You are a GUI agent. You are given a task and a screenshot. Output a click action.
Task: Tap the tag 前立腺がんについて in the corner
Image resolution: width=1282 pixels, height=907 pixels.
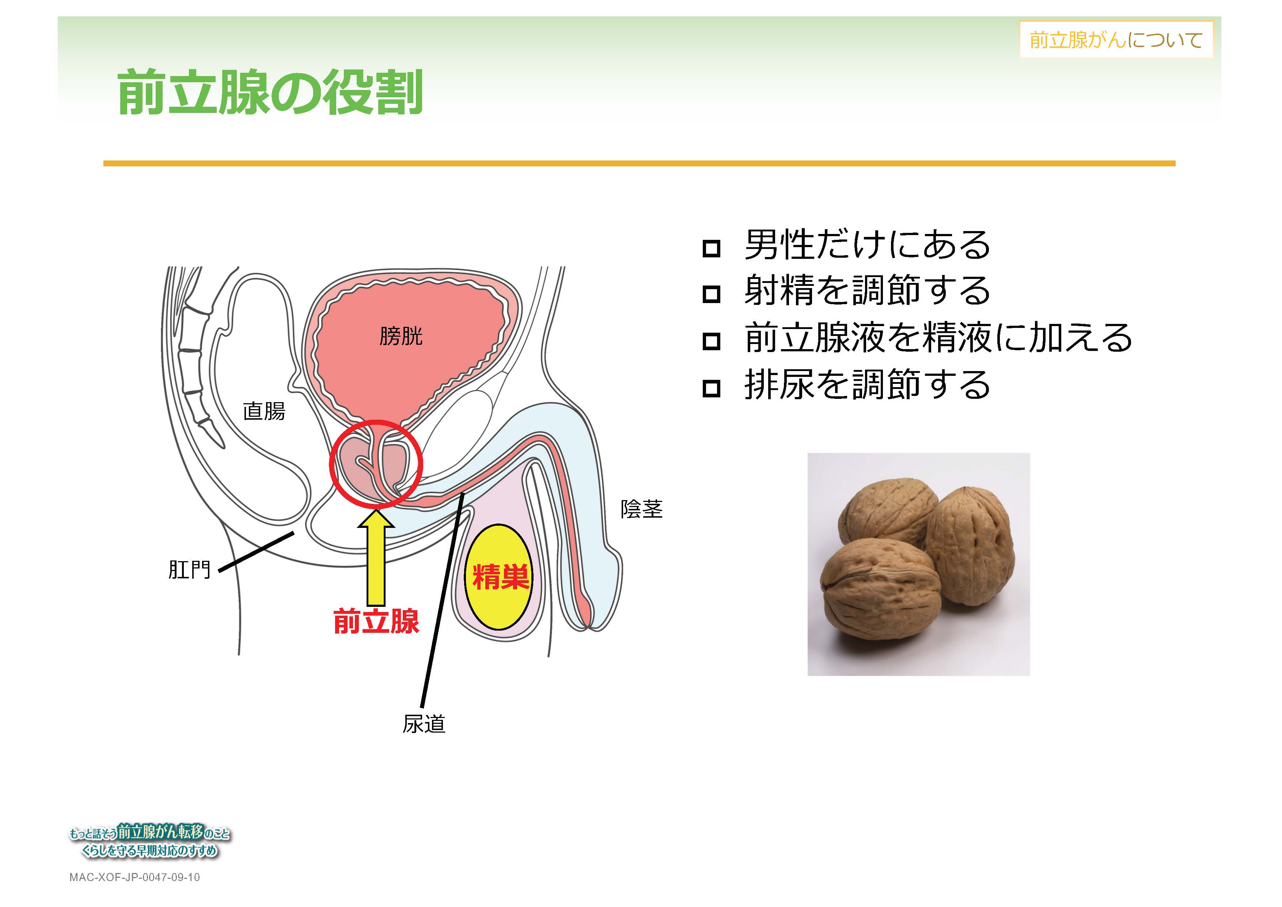pyautogui.click(x=1116, y=39)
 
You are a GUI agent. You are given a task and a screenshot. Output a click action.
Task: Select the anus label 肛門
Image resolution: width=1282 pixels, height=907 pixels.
pyautogui.click(x=189, y=570)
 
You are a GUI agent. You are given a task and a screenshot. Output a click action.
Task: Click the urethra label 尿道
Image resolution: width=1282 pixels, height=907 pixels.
pyautogui.click(x=424, y=724)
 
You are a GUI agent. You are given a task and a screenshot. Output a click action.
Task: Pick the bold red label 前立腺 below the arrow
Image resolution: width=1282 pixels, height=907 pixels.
pyautogui.click(x=376, y=621)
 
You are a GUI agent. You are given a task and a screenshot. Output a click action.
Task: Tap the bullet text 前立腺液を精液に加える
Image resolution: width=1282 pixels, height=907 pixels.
pyautogui.click(x=938, y=337)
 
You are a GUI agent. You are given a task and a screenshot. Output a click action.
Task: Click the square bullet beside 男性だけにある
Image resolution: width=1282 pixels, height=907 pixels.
pyautogui.click(x=711, y=248)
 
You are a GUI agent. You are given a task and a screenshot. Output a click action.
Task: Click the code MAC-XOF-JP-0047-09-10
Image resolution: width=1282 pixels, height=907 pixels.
pyautogui.click(x=134, y=877)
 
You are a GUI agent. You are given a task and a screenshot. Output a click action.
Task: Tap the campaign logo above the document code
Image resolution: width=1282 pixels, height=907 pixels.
pyautogui.click(x=149, y=841)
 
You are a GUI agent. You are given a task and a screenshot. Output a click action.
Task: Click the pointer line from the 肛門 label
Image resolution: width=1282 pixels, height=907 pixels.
pyautogui.click(x=256, y=552)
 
